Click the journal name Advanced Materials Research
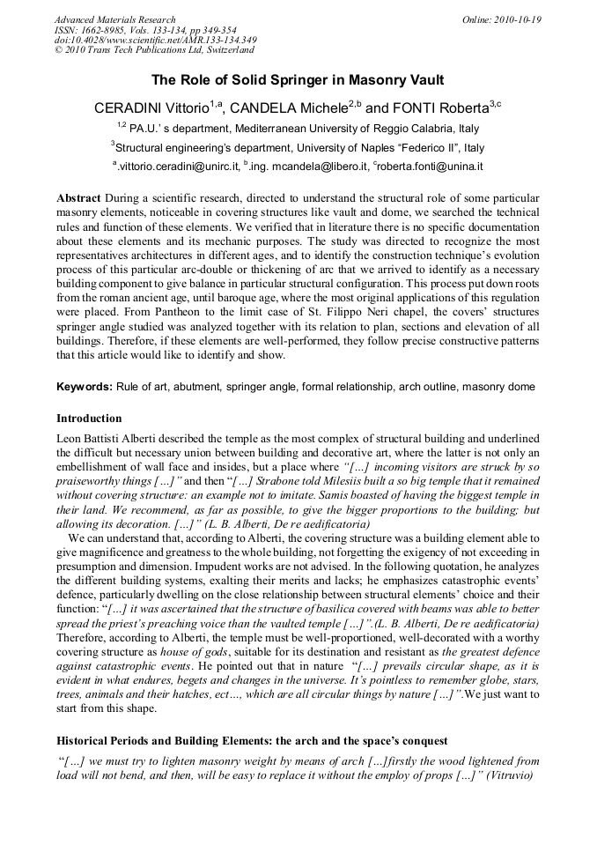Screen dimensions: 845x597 (x=114, y=19)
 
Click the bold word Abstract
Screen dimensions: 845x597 (x=78, y=198)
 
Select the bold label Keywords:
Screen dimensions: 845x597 (x=85, y=387)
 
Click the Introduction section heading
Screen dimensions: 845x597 (x=89, y=419)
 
